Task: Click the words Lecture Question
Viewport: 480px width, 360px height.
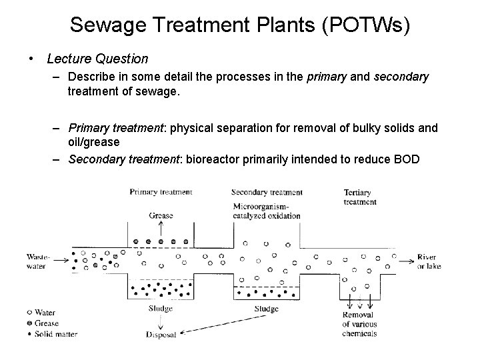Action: pos(97,59)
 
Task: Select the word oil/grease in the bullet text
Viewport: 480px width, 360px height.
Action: pos(95,142)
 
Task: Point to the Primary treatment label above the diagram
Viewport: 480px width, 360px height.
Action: pos(161,192)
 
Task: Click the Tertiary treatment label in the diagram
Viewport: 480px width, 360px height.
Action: pos(360,197)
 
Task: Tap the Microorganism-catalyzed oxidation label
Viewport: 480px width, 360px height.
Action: pos(267,211)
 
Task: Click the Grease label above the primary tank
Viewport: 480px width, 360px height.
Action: pos(161,215)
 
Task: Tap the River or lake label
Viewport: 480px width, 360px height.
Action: pos(430,262)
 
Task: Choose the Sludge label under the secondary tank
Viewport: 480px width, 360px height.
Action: pos(267,309)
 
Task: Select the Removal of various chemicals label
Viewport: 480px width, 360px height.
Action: pos(359,324)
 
